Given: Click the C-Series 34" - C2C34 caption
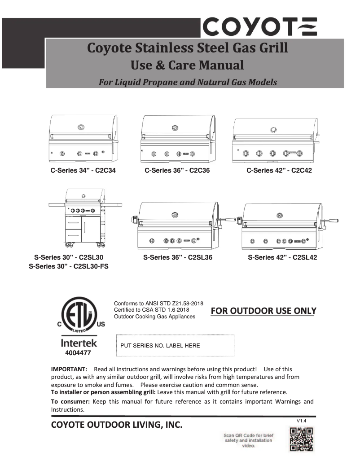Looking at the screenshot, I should click(83, 170).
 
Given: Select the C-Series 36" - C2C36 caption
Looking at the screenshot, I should click(177, 170).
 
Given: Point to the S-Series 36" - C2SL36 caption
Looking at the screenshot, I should click(177, 257).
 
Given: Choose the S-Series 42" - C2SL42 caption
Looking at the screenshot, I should click(282, 257).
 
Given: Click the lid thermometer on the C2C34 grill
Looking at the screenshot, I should click(81, 127).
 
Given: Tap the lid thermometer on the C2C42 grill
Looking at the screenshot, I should click(273, 130).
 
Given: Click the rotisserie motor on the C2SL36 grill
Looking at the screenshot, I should click(133, 220).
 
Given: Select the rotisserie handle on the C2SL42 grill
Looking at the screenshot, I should click(333, 220).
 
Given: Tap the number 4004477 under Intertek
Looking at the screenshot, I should click(79, 354).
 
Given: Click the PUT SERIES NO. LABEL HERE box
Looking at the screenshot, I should click(176, 346).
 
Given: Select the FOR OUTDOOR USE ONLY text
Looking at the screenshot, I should click(263, 311).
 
